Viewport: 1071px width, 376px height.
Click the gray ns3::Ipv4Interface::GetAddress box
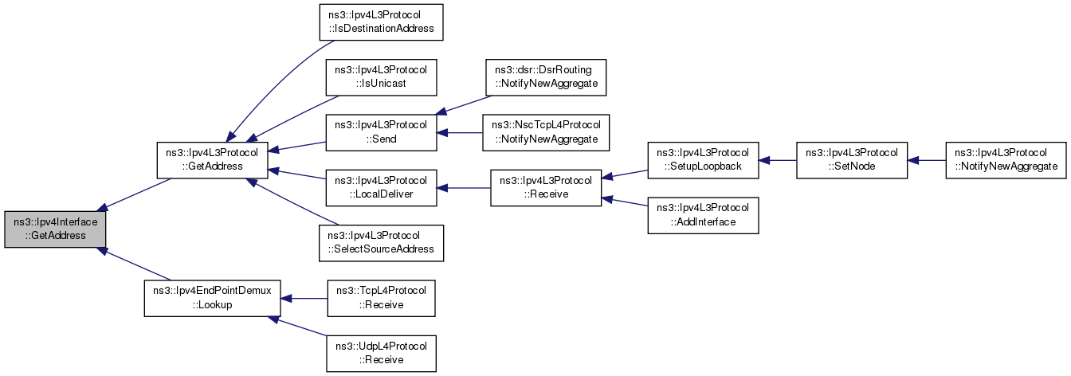[x=55, y=229]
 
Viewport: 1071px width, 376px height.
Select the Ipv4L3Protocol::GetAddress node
[x=212, y=160]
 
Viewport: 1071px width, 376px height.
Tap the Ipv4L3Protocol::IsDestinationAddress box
[x=381, y=22]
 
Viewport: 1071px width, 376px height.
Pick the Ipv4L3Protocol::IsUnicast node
[x=381, y=77]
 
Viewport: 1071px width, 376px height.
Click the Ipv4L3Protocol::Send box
[x=381, y=132]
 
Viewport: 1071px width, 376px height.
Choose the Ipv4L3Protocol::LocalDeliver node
[x=381, y=188]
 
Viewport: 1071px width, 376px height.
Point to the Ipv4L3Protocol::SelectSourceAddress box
[x=381, y=243]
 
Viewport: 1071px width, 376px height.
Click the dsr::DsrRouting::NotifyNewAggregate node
[x=546, y=77]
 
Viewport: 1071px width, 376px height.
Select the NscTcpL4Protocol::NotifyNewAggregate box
[x=546, y=132]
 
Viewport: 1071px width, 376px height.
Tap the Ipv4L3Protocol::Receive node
[x=546, y=188]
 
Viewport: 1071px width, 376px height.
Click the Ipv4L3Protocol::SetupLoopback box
[x=703, y=160]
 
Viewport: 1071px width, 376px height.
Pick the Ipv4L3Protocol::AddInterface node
[x=703, y=215]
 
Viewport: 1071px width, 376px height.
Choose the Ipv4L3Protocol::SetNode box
[x=852, y=160]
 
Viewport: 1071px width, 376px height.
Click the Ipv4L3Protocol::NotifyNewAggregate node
[x=1006, y=160]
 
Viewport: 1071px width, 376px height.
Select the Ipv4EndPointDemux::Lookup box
[x=212, y=298]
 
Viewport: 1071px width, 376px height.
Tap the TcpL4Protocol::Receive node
[x=381, y=298]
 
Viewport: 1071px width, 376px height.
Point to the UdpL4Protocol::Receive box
[x=381, y=354]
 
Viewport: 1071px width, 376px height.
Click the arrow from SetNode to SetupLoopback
[x=778, y=161]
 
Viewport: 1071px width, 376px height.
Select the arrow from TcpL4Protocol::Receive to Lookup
[x=304, y=299]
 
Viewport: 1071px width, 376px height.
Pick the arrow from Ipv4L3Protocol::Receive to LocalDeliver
[x=463, y=188]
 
